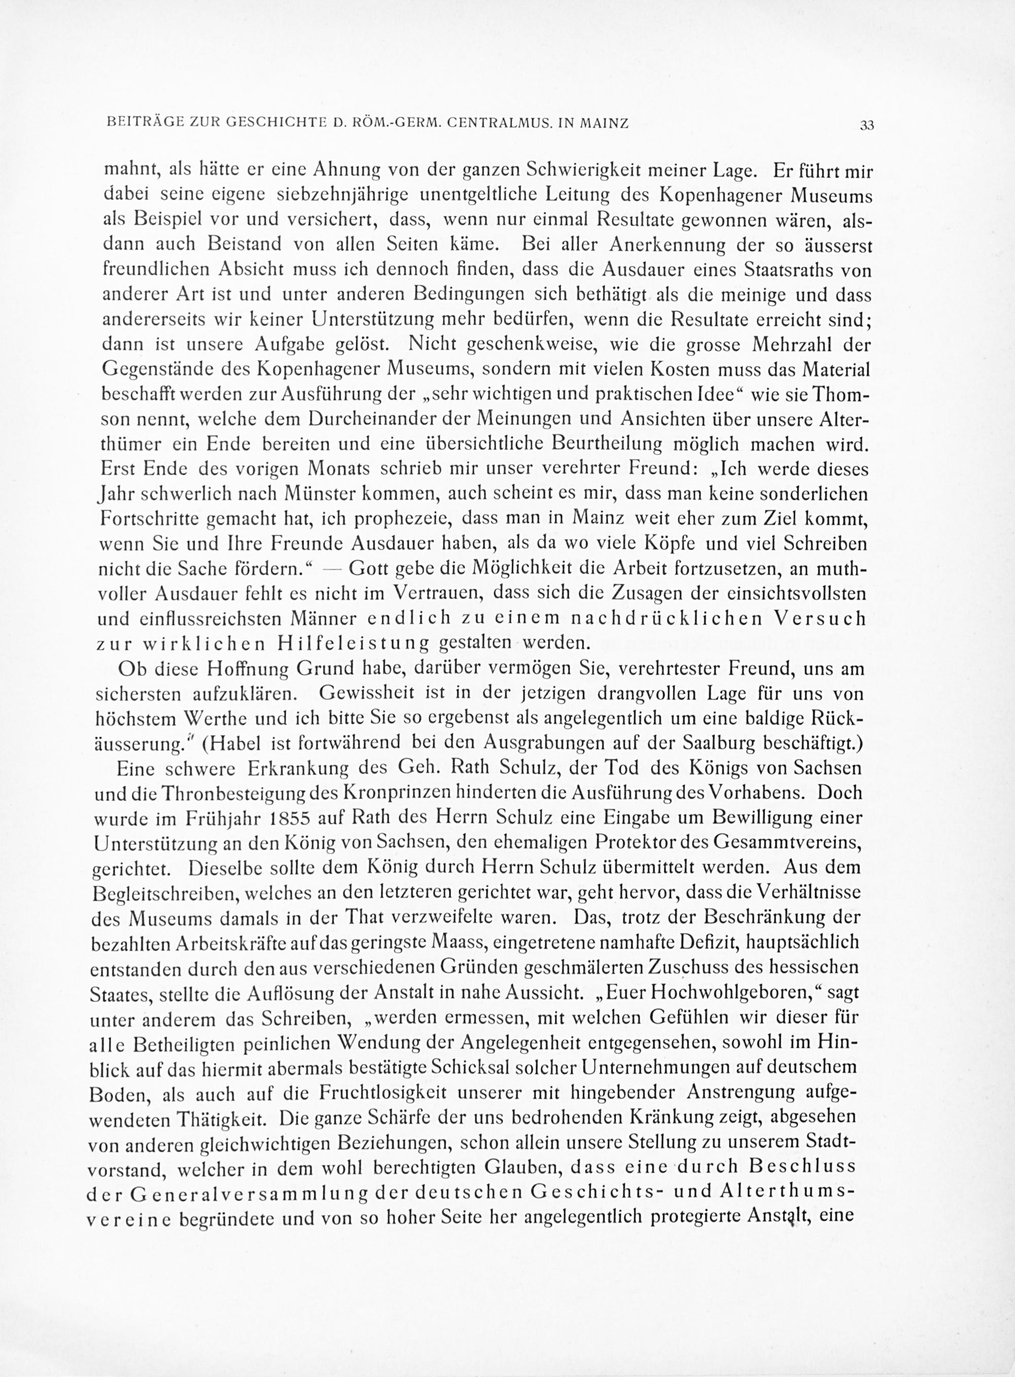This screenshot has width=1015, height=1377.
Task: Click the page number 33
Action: (867, 125)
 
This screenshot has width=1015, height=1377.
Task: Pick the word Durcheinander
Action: (364, 419)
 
